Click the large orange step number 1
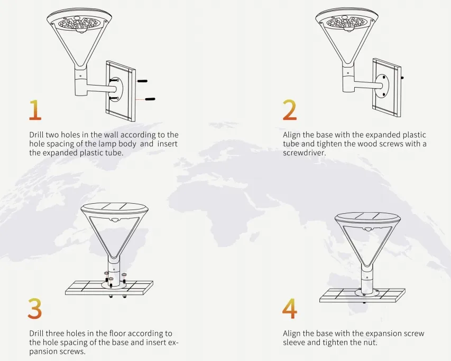35,110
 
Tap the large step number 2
289,110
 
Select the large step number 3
35,308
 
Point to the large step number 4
289,308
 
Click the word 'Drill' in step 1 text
36,135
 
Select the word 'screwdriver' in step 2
303,153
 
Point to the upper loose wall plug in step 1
142,81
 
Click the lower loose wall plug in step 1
150,99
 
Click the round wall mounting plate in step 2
382,86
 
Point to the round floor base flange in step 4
368,292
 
